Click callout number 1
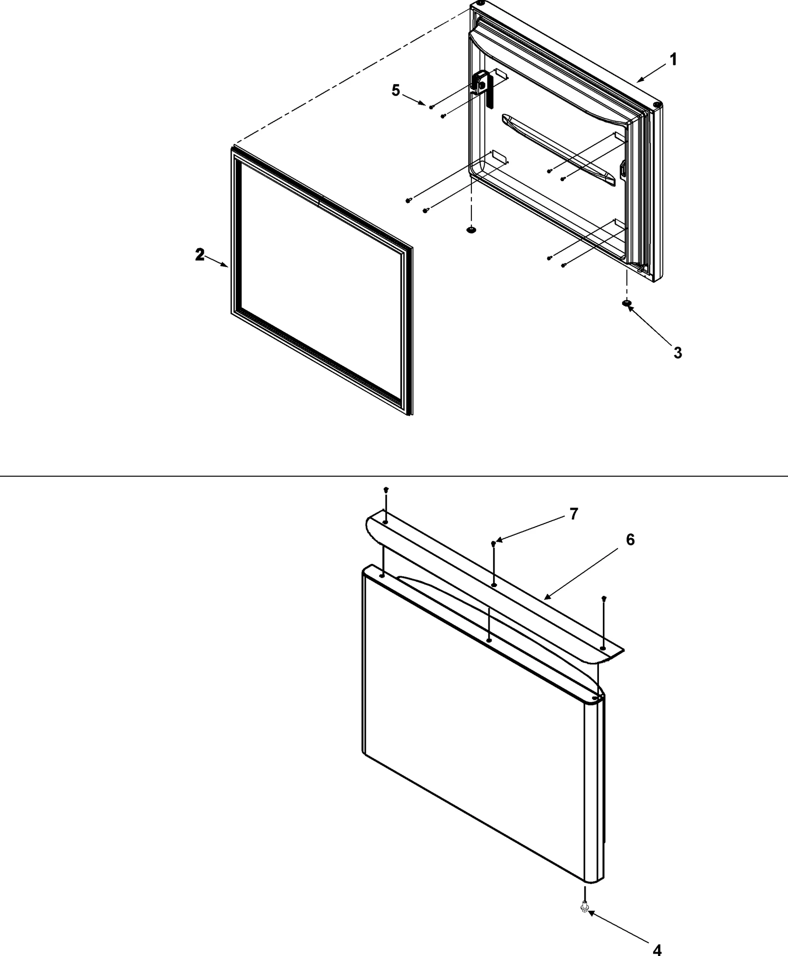click(x=673, y=60)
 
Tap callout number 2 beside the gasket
click(x=199, y=255)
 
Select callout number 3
click(x=678, y=353)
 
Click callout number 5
click(x=396, y=91)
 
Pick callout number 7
click(x=573, y=514)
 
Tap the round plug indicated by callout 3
click(x=626, y=303)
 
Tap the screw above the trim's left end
click(x=386, y=490)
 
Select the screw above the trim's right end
click(x=604, y=598)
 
